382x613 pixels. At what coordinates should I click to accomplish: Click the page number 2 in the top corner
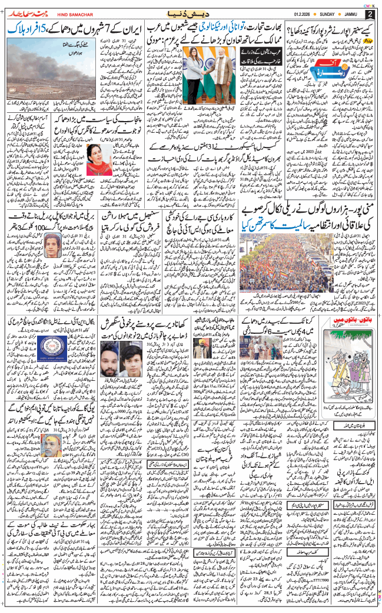tap(370, 14)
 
